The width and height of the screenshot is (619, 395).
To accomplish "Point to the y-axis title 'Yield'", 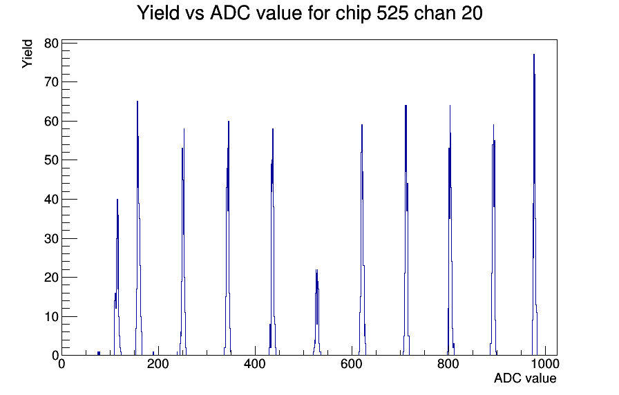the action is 27,54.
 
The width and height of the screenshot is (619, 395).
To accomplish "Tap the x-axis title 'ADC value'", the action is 525,378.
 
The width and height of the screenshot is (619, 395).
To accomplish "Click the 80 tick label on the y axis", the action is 51,44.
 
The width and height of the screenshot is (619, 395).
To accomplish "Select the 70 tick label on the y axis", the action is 51,82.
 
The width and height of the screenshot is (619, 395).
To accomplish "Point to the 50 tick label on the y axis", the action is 51,160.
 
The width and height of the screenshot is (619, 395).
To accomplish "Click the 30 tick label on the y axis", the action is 51,238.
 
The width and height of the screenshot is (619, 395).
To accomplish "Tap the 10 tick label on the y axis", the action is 51,316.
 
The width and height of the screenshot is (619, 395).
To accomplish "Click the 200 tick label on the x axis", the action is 158,363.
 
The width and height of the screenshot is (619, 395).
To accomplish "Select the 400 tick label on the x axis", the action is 255,363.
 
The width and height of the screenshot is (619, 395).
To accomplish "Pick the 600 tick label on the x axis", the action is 352,363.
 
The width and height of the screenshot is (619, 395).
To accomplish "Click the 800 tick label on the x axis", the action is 448,363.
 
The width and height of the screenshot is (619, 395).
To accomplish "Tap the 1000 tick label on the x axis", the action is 545,363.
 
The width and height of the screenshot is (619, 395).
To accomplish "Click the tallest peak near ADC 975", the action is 534,197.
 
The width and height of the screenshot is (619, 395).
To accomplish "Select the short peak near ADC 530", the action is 316,311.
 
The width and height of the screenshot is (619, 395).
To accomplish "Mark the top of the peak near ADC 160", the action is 137,102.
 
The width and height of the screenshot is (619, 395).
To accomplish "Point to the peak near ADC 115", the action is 117,276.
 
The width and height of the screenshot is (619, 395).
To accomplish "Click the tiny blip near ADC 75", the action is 99,353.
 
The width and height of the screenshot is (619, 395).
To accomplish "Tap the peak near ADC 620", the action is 362,237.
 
